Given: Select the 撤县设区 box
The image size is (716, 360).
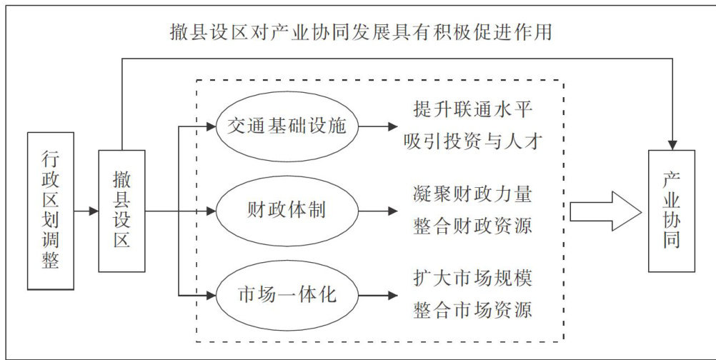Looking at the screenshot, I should point(121,211).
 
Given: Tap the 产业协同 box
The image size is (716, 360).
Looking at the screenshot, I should point(671,211).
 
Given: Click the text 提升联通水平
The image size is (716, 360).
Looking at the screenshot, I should point(474,111).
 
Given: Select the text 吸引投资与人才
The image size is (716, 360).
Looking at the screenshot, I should point(474,143).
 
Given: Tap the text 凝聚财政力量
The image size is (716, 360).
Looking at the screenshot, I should point(474,195).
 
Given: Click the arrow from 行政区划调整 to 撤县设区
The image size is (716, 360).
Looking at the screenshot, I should point(86,211).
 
